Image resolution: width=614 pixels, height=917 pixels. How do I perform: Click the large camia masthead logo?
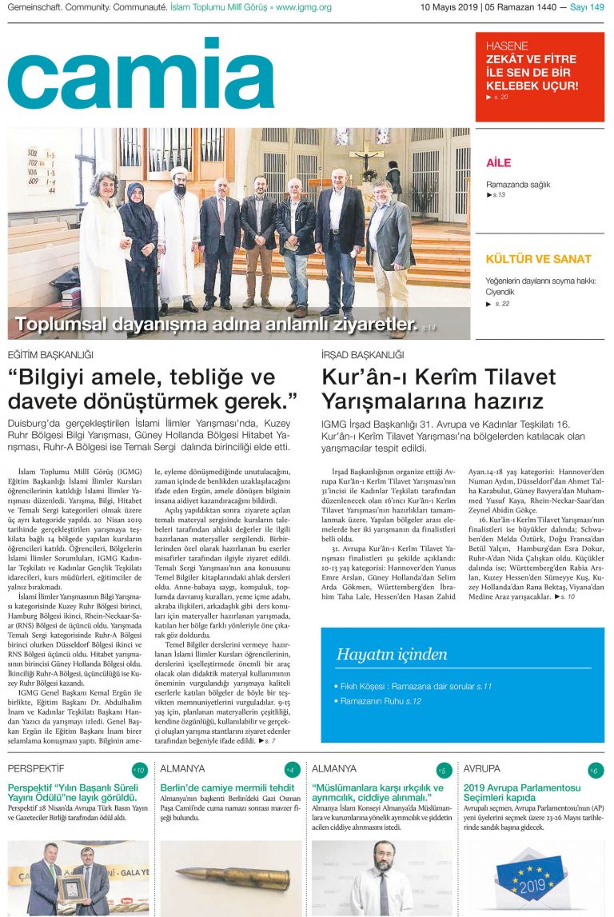(141, 74)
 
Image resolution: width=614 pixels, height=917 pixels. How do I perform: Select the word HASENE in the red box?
(507, 46)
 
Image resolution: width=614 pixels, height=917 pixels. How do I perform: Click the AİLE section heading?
(498, 163)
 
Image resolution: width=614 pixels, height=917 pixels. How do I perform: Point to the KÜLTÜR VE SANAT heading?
(539, 259)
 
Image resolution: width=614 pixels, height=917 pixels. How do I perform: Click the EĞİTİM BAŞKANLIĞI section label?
(50, 354)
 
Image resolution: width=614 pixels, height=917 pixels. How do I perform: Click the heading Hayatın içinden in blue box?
(392, 654)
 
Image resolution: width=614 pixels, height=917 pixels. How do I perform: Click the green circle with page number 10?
(139, 771)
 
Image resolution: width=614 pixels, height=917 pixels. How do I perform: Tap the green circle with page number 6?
(594, 771)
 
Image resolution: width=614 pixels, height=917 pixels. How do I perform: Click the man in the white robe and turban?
(176, 232)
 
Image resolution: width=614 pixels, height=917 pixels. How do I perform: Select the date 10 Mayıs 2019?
(449, 7)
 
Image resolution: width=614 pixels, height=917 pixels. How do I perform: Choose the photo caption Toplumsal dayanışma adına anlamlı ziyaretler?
(216, 325)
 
